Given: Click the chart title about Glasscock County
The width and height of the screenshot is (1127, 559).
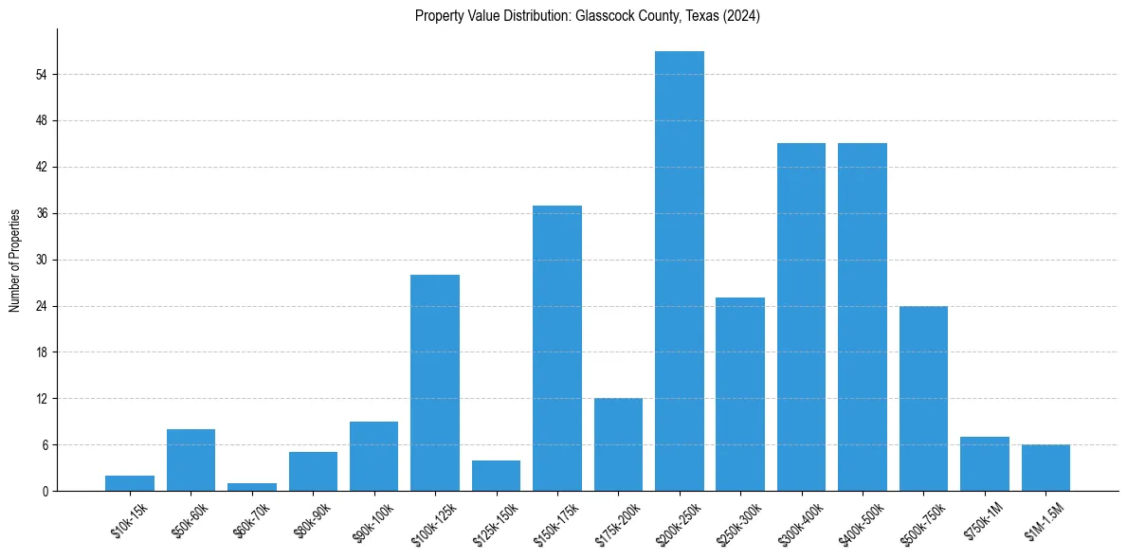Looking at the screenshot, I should tap(587, 16).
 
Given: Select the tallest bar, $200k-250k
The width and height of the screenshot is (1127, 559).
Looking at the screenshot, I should tap(679, 271).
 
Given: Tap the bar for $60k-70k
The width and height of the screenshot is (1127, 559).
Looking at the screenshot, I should tap(252, 487).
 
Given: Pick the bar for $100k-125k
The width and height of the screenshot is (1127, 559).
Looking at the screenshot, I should tap(435, 383).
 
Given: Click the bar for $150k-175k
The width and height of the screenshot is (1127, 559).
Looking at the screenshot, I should tap(557, 348).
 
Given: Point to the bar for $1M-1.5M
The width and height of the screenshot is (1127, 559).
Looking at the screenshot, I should tap(1045, 468).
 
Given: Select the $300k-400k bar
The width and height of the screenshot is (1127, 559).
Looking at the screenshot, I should tap(801, 316).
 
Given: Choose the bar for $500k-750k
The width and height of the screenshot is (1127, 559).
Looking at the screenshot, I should tap(923, 398).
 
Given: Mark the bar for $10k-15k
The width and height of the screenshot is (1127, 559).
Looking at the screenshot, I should tap(130, 483).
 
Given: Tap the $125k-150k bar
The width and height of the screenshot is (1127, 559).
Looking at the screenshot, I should tap(496, 476).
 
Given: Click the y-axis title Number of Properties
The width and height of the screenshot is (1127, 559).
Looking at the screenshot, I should tap(15, 260).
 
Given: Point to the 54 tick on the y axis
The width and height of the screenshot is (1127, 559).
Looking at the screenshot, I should tap(41, 75).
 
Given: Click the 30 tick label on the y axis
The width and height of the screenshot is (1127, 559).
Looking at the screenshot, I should tap(41, 260).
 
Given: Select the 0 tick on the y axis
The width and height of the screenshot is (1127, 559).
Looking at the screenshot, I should tap(44, 491).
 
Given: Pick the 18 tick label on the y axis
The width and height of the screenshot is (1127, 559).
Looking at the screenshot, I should tap(41, 352).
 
